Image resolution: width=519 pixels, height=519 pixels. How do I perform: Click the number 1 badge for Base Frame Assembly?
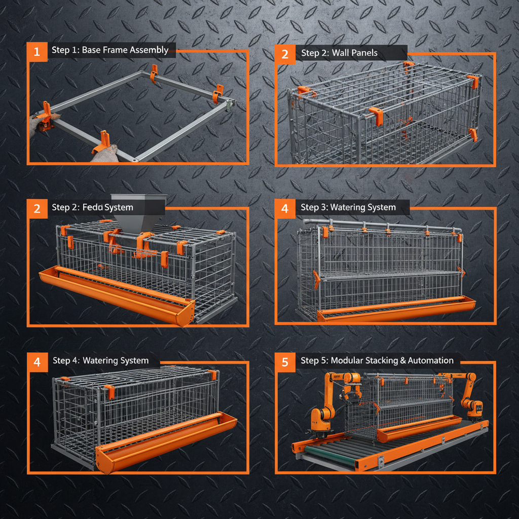click(x=36, y=51)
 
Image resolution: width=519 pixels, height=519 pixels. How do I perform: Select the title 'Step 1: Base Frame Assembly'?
click(x=110, y=50)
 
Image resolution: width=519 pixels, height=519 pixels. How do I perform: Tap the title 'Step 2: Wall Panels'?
click(x=339, y=53)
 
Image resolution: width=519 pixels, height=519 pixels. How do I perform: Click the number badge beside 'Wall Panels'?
click(x=285, y=54)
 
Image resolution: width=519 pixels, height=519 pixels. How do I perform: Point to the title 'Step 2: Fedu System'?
click(x=92, y=207)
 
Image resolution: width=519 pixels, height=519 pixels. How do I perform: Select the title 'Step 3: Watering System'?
click(x=348, y=207)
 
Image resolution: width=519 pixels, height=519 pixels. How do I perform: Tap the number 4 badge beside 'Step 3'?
click(x=285, y=208)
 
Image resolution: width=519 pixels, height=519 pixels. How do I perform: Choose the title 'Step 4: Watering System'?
click(x=100, y=361)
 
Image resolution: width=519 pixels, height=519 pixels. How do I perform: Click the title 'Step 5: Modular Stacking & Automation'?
click(x=377, y=361)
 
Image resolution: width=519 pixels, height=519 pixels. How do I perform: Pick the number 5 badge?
click(x=285, y=362)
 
